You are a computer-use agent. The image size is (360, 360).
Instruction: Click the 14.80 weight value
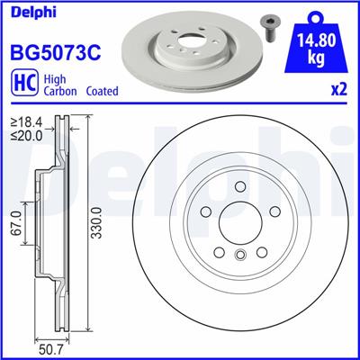(318, 40)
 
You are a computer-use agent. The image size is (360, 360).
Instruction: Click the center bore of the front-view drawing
(239, 223)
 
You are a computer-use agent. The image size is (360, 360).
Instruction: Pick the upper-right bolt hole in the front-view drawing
(274, 212)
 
